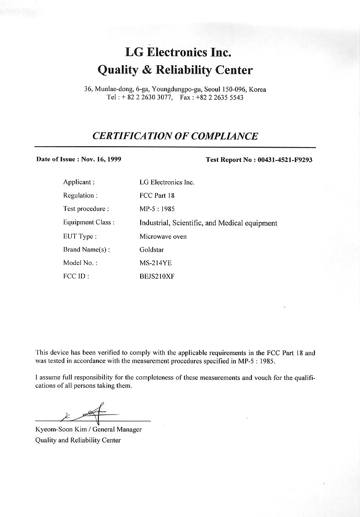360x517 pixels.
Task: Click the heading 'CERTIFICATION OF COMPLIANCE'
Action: click(175, 136)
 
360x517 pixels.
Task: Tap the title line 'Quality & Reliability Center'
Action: click(175, 70)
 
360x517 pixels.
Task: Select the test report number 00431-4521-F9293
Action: click(285, 160)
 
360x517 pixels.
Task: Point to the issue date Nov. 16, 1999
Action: click(101, 160)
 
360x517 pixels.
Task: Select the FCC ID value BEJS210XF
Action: click(157, 276)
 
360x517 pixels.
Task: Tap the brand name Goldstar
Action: click(151, 250)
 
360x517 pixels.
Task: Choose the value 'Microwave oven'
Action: click(163, 236)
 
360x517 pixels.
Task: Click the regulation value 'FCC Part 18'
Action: click(156, 195)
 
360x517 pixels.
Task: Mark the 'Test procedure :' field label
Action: click(86, 209)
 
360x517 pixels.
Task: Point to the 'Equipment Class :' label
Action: click(89, 223)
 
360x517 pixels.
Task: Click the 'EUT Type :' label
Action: click(80, 236)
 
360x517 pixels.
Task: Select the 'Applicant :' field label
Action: click(79, 182)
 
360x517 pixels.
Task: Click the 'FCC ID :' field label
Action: click(76, 276)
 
